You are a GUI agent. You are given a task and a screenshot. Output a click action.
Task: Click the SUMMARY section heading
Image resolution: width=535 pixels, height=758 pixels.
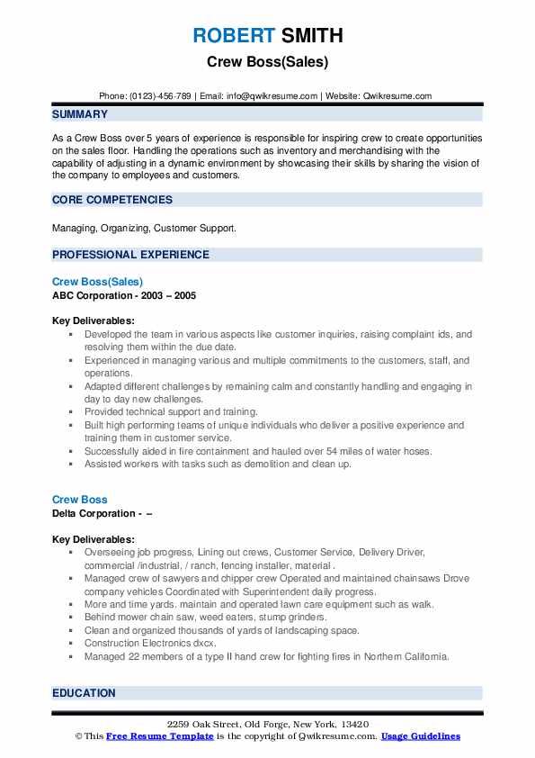80,114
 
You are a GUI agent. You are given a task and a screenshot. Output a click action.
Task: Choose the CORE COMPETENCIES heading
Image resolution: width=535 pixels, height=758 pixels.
112,200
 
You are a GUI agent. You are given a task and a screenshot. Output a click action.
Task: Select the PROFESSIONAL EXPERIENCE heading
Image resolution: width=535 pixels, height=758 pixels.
130,255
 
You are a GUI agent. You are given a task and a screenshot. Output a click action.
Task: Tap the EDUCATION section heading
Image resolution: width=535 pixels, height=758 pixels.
84,693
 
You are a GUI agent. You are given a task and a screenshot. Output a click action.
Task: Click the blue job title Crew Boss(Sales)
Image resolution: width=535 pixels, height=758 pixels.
98,282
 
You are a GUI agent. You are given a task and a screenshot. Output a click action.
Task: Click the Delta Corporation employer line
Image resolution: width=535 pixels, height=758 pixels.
102,512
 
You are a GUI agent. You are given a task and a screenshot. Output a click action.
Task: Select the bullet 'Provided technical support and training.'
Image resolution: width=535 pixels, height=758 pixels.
171,411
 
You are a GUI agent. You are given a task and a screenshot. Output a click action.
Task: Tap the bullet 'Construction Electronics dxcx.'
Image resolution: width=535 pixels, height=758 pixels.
150,644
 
